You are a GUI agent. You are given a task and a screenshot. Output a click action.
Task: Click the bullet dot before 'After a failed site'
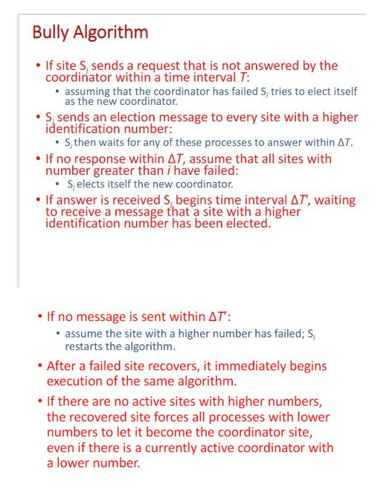pyautogui.click(x=39, y=366)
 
